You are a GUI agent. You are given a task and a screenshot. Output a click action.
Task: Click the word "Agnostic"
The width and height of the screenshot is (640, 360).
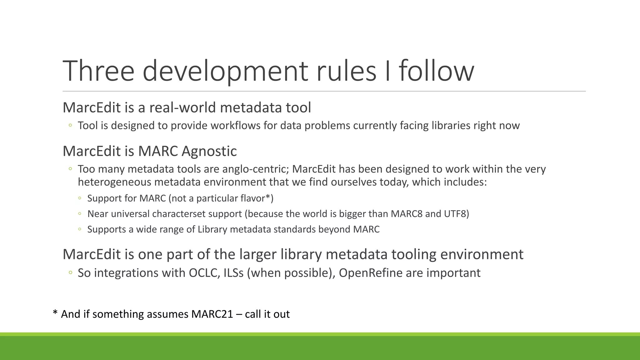[209, 151]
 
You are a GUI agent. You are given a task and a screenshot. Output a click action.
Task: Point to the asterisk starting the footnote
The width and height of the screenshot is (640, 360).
[55, 313]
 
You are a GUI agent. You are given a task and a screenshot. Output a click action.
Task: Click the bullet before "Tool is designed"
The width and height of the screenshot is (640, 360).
[70, 126]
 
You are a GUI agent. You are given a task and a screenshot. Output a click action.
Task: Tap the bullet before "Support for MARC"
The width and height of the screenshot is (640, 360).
[80, 198]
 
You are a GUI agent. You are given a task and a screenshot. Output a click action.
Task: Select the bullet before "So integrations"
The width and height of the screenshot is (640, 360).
[70, 273]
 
